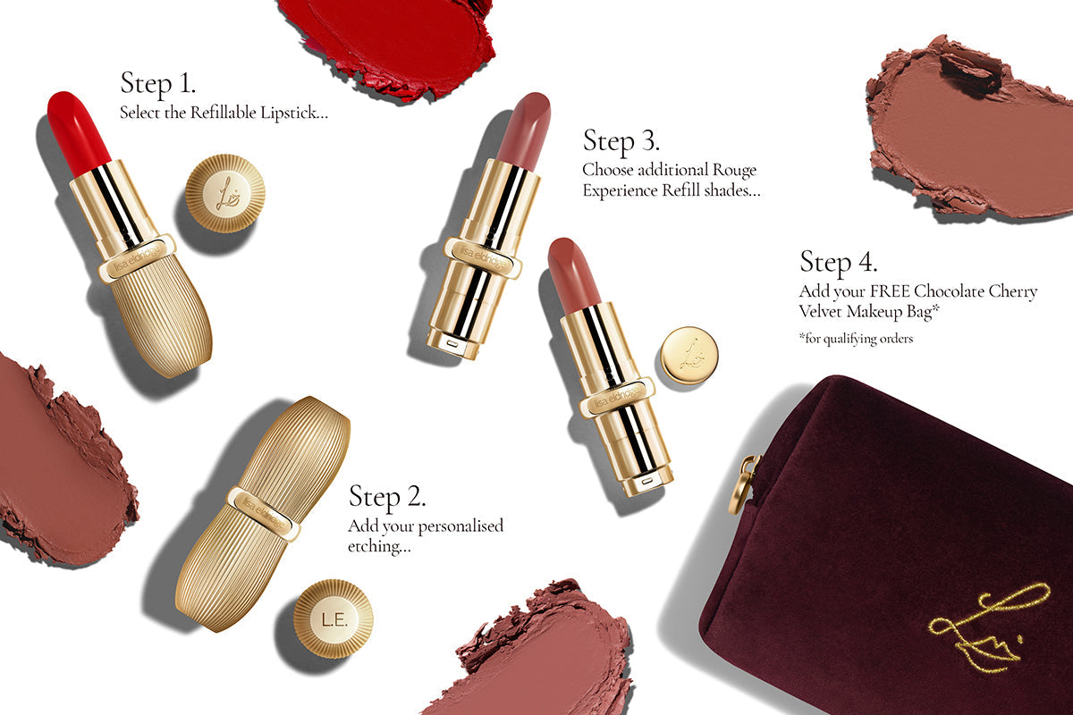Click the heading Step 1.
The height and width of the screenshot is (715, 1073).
(157, 84)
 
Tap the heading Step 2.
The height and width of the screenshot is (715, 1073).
(386, 497)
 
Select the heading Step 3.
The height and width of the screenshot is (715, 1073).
(621, 140)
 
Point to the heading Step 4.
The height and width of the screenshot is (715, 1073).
(838, 263)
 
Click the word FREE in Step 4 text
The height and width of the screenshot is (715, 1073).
(891, 292)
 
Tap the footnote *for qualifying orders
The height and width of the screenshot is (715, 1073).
(856, 339)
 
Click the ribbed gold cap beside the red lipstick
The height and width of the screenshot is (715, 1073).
(225, 194)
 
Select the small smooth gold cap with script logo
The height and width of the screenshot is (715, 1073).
(689, 355)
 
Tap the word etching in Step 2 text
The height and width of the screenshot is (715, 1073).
(378, 546)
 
